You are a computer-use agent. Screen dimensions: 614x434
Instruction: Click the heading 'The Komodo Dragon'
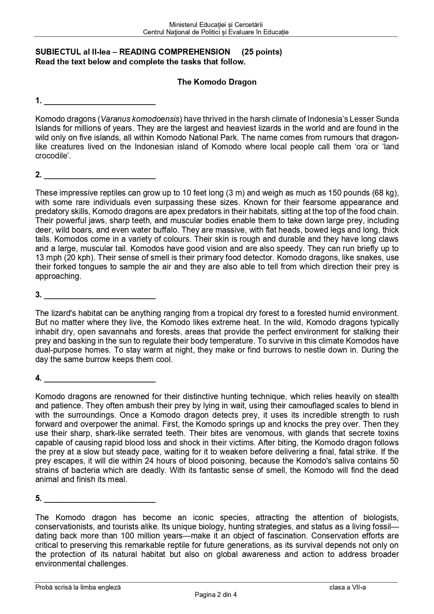(x=216, y=82)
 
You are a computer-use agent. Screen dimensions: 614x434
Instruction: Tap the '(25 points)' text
(x=262, y=52)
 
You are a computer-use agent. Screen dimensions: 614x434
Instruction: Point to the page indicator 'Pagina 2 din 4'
(x=216, y=594)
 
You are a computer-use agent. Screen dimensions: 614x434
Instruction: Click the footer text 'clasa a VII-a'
(x=347, y=587)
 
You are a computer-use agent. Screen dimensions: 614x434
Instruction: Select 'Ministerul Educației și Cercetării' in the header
(x=216, y=24)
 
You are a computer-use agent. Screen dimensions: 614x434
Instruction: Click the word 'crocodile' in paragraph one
(x=51, y=156)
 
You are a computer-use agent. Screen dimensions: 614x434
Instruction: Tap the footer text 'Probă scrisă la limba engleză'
(x=78, y=587)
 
